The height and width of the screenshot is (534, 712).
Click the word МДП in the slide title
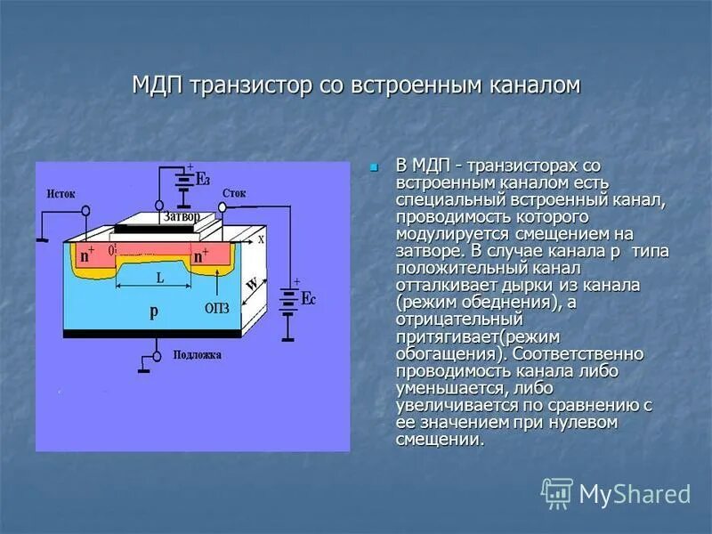pyautogui.click(x=158, y=86)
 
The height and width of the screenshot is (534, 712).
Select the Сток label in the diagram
pyautogui.click(x=235, y=191)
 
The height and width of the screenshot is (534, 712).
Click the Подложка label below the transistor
pyautogui.click(x=192, y=354)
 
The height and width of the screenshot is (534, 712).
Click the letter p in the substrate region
pyautogui.click(x=153, y=311)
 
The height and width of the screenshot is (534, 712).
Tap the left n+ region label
pyautogui.click(x=87, y=255)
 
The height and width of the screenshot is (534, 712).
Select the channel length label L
pyautogui.click(x=159, y=278)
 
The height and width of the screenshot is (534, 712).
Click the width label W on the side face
pyautogui.click(x=253, y=285)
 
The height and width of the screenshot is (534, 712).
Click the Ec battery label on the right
pyautogui.click(x=307, y=298)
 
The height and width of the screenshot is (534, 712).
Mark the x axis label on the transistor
pyautogui.click(x=261, y=239)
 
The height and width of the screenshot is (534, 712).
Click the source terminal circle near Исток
pyautogui.click(x=86, y=212)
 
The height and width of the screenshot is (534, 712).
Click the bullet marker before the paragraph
pyautogui.click(x=374, y=166)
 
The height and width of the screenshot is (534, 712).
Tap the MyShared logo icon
pyautogui.click(x=557, y=493)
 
